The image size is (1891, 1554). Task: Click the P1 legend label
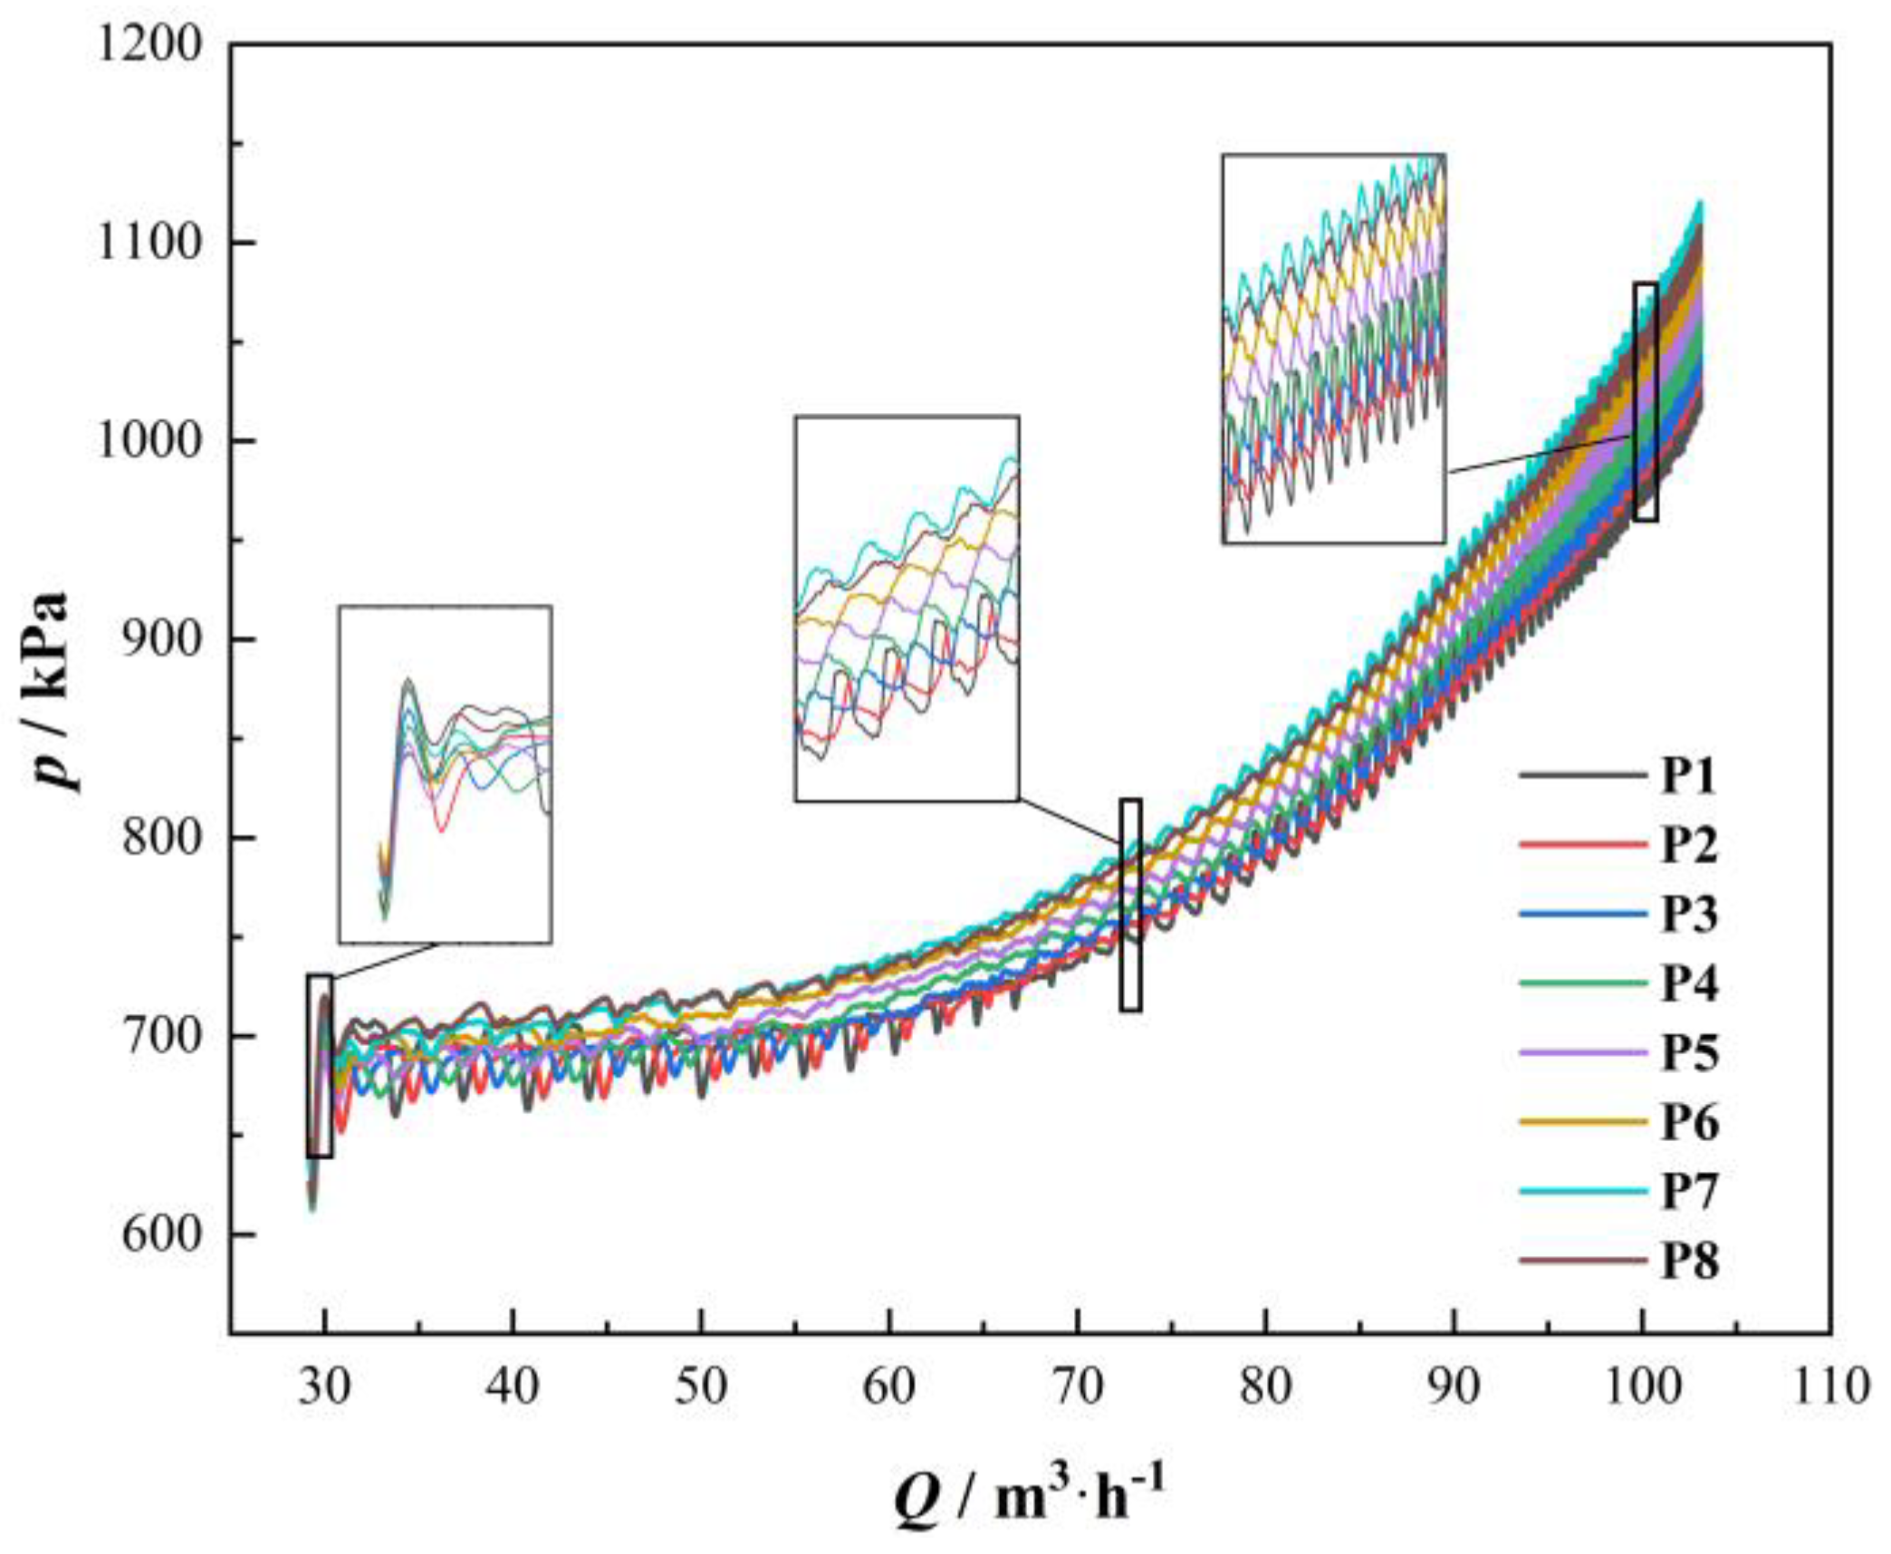tap(1688, 776)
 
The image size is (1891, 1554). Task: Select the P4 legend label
tap(1688, 983)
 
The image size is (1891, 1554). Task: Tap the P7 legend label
tap(1688, 1191)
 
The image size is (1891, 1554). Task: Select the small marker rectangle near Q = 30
tap(320, 1066)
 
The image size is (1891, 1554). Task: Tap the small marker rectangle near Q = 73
tap(1130, 905)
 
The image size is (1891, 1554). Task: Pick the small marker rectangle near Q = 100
tap(1646, 401)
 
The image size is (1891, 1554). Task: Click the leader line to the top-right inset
tap(1540, 453)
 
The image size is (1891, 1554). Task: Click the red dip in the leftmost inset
tap(441, 830)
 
